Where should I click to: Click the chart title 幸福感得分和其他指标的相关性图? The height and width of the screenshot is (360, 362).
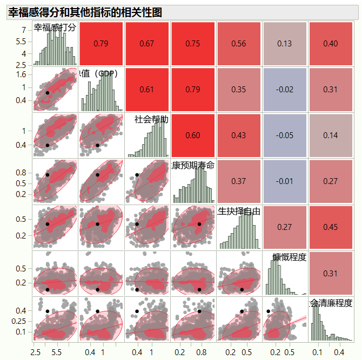(x=85, y=12)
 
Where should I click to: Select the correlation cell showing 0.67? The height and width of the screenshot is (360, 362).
(x=147, y=44)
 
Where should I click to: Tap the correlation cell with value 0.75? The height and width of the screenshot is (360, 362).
(x=193, y=44)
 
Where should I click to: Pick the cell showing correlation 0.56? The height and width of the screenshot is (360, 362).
(x=239, y=44)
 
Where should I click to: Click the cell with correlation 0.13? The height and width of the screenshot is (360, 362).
(x=285, y=44)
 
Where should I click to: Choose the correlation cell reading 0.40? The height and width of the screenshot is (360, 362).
(x=331, y=44)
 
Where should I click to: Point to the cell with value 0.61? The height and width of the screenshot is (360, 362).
(x=147, y=90)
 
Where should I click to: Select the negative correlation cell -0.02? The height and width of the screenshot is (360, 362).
(x=285, y=90)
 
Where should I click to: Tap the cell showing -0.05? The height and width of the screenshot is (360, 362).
(x=285, y=135)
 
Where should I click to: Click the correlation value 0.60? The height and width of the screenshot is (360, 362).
(x=193, y=135)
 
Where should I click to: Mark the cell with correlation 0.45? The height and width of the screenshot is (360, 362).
(x=331, y=227)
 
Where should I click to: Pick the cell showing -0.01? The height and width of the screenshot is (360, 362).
(x=285, y=181)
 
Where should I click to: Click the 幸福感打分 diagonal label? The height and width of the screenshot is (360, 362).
(x=55, y=28)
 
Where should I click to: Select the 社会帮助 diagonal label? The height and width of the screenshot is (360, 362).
(x=151, y=119)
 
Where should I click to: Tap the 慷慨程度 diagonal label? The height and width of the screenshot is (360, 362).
(x=290, y=257)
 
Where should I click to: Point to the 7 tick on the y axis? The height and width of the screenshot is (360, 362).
(x=24, y=30)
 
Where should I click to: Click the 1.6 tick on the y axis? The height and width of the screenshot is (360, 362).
(x=21, y=75)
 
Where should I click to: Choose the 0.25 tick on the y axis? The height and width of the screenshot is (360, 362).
(x=19, y=322)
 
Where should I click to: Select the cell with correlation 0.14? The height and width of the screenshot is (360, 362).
(x=331, y=135)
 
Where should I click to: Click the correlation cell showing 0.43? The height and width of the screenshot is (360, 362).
(x=239, y=135)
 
